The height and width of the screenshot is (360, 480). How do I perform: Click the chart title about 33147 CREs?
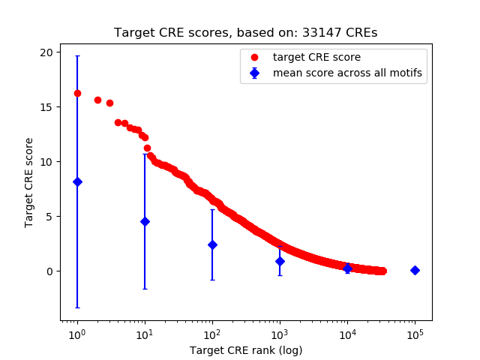(245, 33)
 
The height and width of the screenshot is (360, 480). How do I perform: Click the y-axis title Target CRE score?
(29, 182)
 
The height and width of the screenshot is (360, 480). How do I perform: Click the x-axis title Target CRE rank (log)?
(245, 349)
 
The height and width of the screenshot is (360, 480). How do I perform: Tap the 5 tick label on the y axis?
(50, 216)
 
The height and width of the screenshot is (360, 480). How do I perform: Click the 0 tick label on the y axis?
(50, 271)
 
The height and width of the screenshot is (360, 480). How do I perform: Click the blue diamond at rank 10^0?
(77, 181)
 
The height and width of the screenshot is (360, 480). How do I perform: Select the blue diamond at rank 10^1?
(145, 221)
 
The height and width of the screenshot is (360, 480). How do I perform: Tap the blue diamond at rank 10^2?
(212, 244)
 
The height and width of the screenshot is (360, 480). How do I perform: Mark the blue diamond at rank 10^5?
(415, 270)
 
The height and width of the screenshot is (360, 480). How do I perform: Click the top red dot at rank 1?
(77, 93)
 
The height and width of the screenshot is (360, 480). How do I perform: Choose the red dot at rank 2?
(97, 100)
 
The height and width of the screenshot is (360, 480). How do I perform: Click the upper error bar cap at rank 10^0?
(77, 55)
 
